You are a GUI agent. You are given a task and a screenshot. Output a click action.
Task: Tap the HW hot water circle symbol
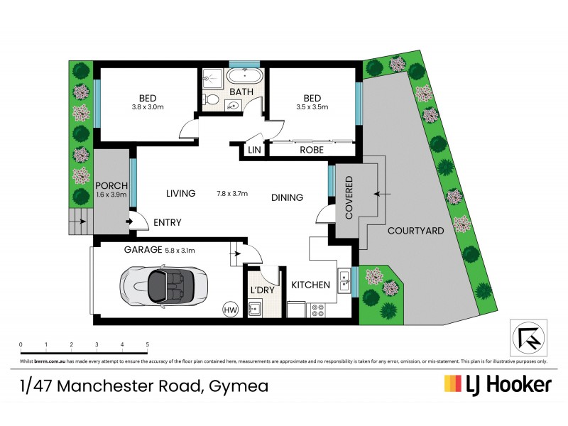pos(230,310)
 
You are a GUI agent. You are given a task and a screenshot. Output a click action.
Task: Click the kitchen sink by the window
pos(344,281)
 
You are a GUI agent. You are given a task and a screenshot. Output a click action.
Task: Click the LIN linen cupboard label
pos(253,150)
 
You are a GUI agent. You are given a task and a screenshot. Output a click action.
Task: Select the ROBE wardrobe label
pos(312,150)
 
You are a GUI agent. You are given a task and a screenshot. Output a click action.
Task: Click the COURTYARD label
pos(416,231)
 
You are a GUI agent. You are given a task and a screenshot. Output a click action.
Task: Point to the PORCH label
pos(111,186)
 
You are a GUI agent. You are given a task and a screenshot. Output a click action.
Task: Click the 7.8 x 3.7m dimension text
pos(232,194)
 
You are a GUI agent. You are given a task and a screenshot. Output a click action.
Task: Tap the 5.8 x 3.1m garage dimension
pos(180,250)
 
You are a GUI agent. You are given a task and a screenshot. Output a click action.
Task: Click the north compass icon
pos(527,337)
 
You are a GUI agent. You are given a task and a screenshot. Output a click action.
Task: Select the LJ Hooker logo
pos(498,385)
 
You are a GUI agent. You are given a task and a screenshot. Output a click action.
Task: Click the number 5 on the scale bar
pos(147,345)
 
